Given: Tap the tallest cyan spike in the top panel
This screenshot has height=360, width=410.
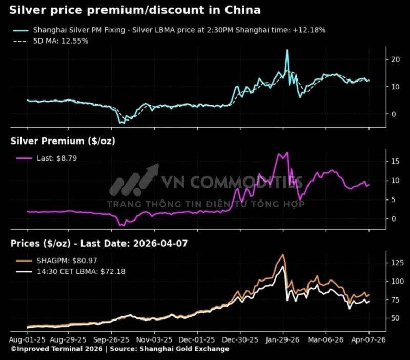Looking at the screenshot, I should tap(287, 50).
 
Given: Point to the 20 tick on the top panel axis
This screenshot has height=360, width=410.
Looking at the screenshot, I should tap(395, 59).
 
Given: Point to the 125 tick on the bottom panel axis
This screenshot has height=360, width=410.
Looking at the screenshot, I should tap(397, 263).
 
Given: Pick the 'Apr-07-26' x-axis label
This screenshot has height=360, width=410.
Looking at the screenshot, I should tap(368, 339).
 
